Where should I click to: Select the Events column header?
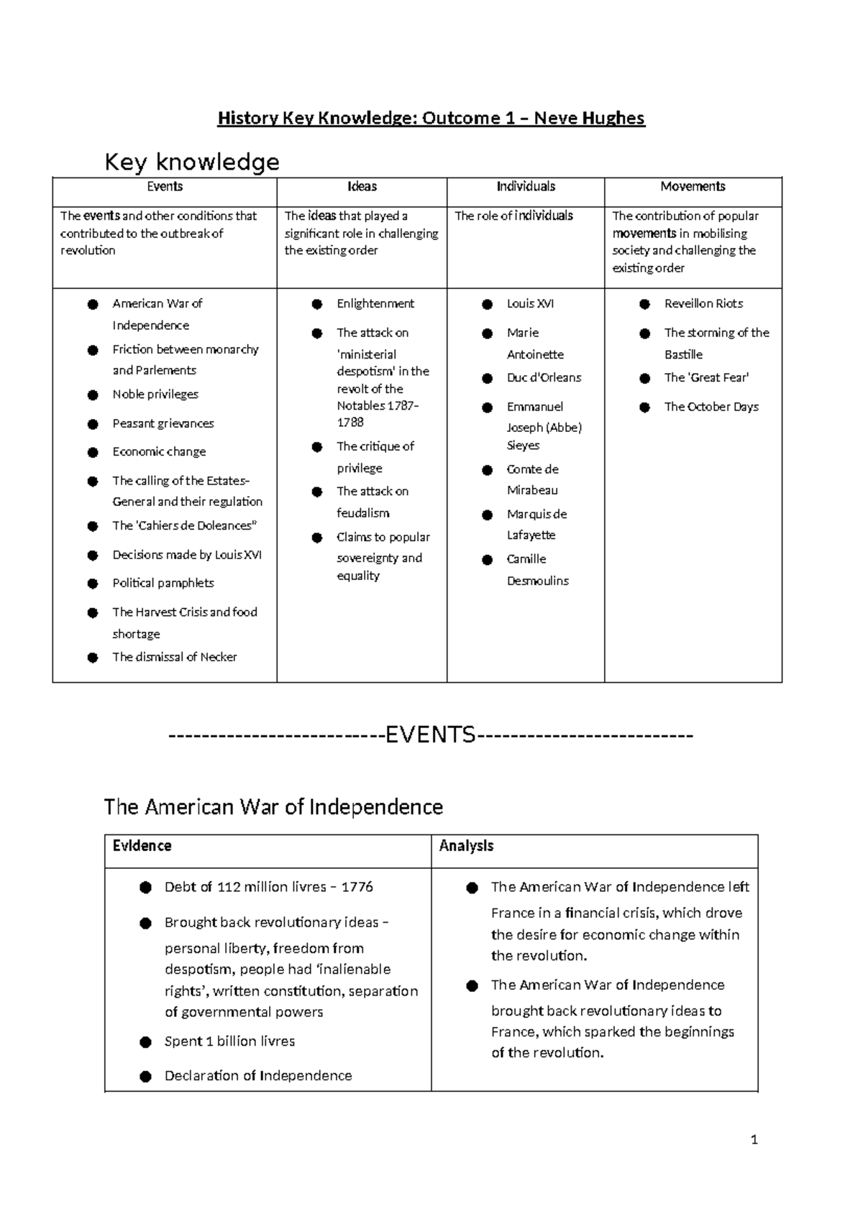(x=165, y=187)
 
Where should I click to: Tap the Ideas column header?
(x=362, y=187)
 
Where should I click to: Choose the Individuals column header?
(x=526, y=187)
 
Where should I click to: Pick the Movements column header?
(x=693, y=187)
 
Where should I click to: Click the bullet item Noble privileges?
(x=155, y=394)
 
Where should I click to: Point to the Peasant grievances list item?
(x=163, y=423)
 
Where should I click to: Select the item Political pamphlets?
(x=163, y=583)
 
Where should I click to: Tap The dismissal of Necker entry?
(x=175, y=657)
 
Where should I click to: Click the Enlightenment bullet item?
(x=375, y=304)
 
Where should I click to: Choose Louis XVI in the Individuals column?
(x=530, y=304)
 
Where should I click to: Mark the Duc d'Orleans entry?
(x=544, y=377)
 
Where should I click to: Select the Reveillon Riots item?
(x=703, y=304)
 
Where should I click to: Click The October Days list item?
(x=711, y=407)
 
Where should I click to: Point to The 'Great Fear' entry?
(x=706, y=377)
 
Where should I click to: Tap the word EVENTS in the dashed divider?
(x=431, y=735)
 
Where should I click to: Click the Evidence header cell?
(x=142, y=846)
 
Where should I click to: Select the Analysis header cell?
(x=466, y=846)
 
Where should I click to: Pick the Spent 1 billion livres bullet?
(x=229, y=1041)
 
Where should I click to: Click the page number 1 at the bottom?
(x=754, y=1140)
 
